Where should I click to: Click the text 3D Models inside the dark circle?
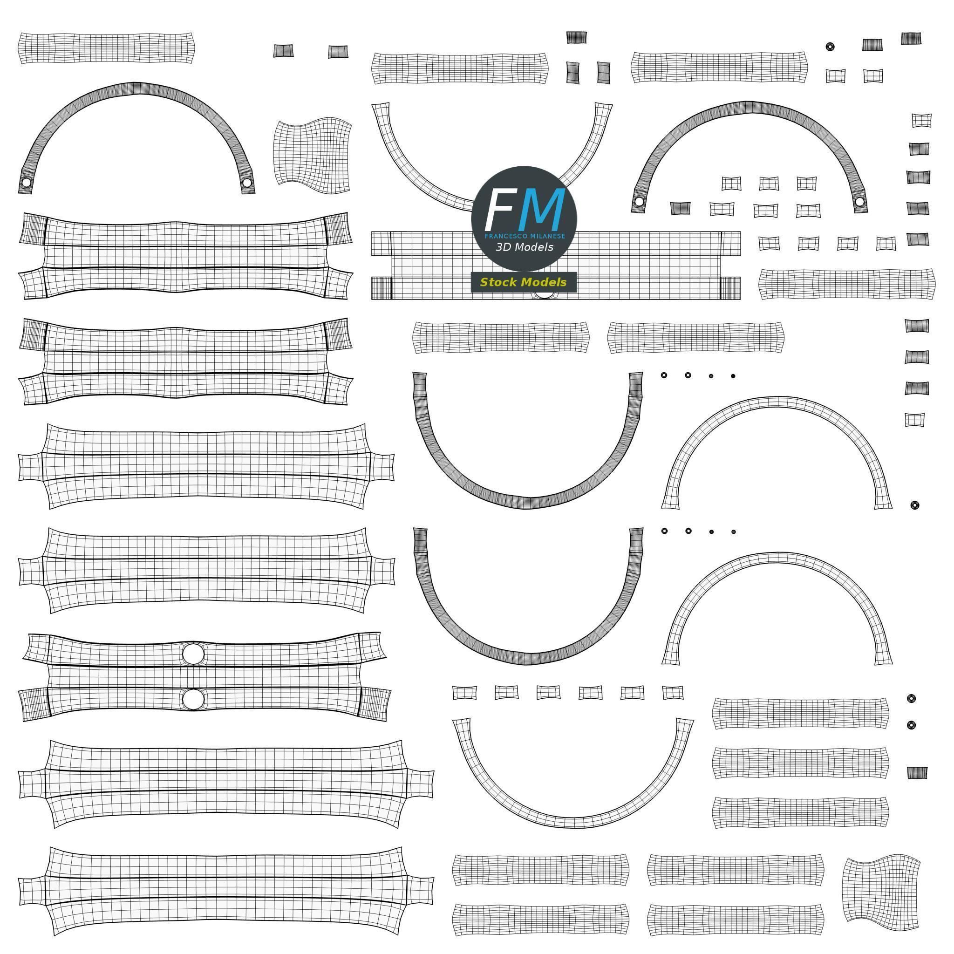click(x=525, y=247)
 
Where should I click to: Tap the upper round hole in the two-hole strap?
click(x=193, y=653)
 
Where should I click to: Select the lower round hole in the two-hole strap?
click(x=193, y=699)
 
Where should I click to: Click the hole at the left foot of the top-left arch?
click(x=26, y=183)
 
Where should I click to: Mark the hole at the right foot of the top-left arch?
click(x=247, y=184)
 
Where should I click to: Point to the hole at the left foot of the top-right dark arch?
click(x=640, y=201)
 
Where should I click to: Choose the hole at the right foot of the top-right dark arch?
click(x=859, y=202)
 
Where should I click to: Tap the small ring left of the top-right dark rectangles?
click(x=830, y=47)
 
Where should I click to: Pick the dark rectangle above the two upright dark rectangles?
click(x=576, y=37)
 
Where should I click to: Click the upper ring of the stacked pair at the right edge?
click(x=912, y=698)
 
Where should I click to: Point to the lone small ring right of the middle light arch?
click(x=914, y=505)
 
